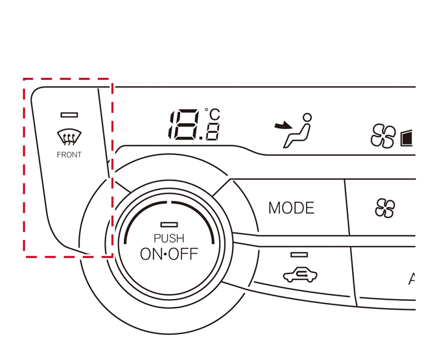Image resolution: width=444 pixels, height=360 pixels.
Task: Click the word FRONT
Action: [x=69, y=154]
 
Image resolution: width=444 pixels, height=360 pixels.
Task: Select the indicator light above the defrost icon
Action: [x=69, y=115]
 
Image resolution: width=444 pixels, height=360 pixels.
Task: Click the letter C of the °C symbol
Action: [x=215, y=115]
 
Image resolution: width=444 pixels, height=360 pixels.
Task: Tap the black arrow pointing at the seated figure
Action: [x=283, y=125]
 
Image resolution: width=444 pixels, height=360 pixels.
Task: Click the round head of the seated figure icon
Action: [x=307, y=117]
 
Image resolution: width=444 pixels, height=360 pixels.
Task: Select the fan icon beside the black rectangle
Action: [x=382, y=136]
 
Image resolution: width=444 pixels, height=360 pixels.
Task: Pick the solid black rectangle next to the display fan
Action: [x=406, y=137]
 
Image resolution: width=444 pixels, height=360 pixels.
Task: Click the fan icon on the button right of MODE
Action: [x=385, y=208]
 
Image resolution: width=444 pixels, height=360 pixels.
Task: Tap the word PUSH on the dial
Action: [x=169, y=239]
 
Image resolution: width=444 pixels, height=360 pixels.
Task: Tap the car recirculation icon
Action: [x=300, y=275]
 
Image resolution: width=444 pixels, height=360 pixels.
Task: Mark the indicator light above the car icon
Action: [x=299, y=255]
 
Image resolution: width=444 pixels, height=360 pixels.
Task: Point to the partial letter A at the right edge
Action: [x=412, y=280]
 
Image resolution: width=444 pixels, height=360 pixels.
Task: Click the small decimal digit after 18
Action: [x=212, y=132]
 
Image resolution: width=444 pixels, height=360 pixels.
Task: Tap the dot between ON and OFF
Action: [x=167, y=254]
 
